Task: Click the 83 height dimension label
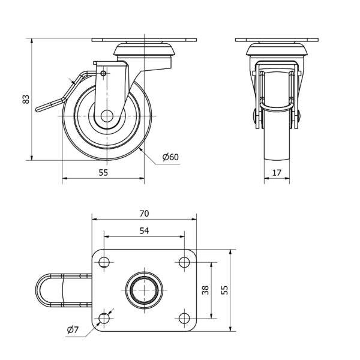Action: coord(26,99)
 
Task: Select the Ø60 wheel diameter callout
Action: coord(170,157)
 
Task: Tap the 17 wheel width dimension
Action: coord(277,173)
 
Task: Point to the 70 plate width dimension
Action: coord(144,214)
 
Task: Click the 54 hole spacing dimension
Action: coord(144,230)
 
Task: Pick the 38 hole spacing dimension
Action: coord(205,290)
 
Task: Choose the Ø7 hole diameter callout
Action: coord(73,330)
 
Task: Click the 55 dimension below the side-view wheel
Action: coord(103,173)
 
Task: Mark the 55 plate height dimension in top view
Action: coord(224,290)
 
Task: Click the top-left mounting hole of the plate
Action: coord(104,262)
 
